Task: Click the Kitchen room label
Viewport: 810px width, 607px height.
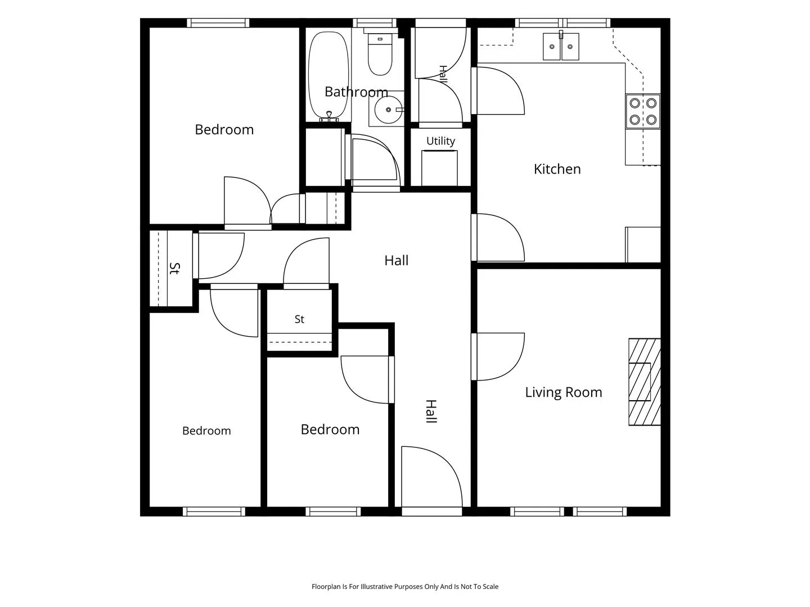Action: (557, 169)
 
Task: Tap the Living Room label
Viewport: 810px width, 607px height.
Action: (564, 392)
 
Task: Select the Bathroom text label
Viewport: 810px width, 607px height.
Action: (356, 92)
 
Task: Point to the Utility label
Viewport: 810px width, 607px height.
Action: (440, 141)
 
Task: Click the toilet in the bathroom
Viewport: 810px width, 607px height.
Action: (380, 55)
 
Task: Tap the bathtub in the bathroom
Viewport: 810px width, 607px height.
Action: (328, 75)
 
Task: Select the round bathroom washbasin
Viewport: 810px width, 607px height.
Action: (388, 110)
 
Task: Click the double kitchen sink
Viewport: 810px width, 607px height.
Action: (561, 47)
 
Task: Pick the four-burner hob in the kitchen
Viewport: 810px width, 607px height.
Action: (643, 111)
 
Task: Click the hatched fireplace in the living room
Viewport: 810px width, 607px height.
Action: (645, 382)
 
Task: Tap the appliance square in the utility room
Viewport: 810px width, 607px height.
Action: (439, 168)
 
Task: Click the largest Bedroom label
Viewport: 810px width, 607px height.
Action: (224, 130)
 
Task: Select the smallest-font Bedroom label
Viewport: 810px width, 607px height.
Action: (206, 431)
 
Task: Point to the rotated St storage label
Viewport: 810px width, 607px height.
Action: (174, 268)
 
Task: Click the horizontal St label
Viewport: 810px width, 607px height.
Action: (299, 319)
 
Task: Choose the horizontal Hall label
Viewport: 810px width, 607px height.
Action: (397, 261)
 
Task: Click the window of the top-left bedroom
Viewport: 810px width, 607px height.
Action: (218, 23)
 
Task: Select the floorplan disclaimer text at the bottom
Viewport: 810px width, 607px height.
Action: (405, 586)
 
